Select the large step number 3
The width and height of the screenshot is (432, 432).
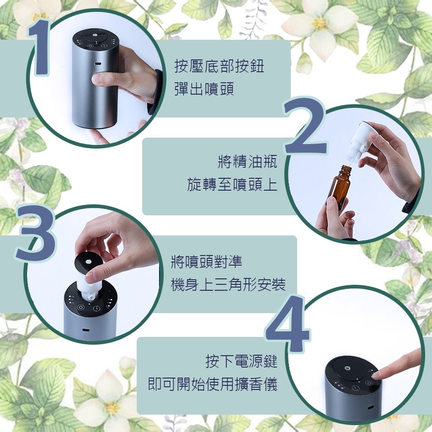coord(35,233)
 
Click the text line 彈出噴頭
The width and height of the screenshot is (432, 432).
coord(204,89)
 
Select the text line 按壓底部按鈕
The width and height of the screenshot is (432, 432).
coord(219,66)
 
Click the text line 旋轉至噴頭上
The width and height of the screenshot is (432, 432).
coord(232,184)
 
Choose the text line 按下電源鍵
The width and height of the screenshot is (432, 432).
coord(241,361)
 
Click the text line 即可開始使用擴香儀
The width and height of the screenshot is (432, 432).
coord(213,384)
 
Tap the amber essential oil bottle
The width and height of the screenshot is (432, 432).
coord(341,187)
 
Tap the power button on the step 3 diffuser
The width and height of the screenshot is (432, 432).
coord(81,307)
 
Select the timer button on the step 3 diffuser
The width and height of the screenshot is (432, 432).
coord(97,309)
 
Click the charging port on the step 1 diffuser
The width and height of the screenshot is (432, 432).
coord(97,64)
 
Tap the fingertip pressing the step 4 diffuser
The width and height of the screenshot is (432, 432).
coord(379,374)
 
